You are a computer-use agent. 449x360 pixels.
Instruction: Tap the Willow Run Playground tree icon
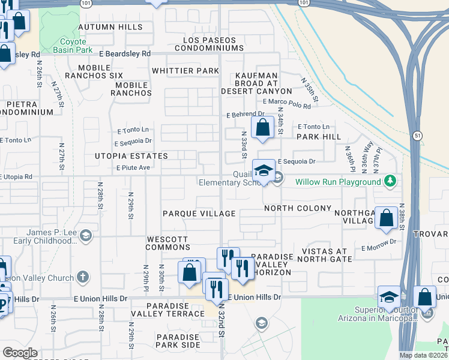[390, 181]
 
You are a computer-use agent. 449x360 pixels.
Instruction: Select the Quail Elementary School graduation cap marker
[263, 171]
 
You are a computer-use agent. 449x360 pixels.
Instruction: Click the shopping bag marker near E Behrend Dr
[263, 128]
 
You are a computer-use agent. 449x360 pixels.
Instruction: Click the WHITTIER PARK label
[185, 71]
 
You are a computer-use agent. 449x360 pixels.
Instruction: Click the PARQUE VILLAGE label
[199, 214]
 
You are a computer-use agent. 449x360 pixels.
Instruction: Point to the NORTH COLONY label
[298, 208]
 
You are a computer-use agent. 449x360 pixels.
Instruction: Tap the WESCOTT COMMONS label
[167, 243]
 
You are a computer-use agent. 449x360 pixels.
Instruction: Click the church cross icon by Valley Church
[83, 277]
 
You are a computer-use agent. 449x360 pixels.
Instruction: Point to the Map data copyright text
[423, 355]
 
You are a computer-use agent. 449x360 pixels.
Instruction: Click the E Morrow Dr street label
[379, 241]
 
